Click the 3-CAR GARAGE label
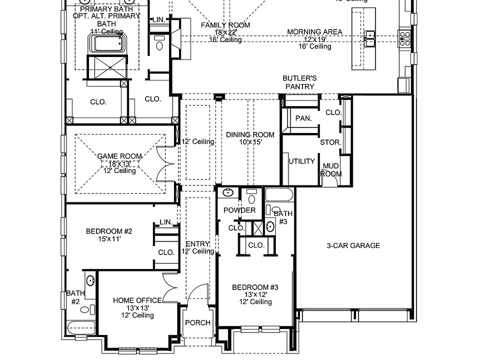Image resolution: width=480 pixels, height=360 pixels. point(353,245)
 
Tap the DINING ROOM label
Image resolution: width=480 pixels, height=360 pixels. point(250,134)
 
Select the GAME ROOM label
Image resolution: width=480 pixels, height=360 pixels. point(119,156)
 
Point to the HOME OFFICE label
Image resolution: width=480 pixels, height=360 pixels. point(137,300)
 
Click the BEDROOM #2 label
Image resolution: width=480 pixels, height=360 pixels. point(109,231)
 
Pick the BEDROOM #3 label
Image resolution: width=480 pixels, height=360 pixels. point(255,287)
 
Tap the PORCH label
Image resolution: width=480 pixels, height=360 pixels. point(197,322)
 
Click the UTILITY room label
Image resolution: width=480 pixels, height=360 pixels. point(301,161)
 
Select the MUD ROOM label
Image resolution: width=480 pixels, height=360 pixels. point(331,170)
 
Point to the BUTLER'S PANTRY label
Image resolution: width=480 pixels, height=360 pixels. point(299,82)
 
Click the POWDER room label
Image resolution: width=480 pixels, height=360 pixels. point(239,210)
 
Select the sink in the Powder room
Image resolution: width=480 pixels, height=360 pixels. point(228,193)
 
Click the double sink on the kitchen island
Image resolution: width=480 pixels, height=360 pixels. point(370,38)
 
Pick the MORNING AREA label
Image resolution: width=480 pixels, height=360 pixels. point(314,32)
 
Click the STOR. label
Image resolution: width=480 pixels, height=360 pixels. point(330,142)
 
